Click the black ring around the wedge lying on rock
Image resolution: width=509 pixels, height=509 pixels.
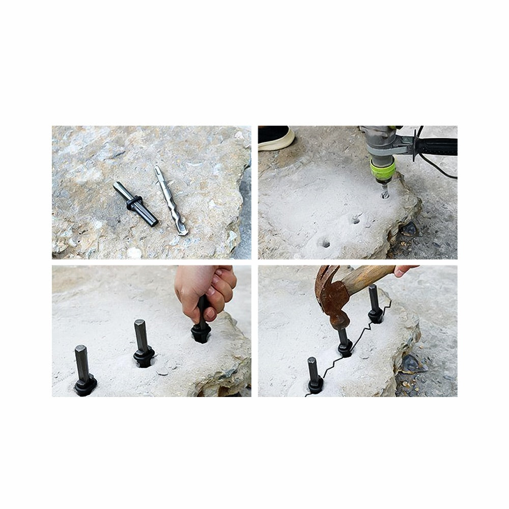[x=134, y=203]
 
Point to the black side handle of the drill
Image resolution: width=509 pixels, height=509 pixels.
[x=436, y=146]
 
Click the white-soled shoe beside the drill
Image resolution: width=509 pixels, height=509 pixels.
[x=275, y=138]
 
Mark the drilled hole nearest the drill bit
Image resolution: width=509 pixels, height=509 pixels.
[x=356, y=220]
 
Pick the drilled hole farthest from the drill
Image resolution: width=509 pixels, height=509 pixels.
[x=324, y=243]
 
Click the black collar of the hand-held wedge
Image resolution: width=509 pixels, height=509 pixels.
[x=201, y=333]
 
